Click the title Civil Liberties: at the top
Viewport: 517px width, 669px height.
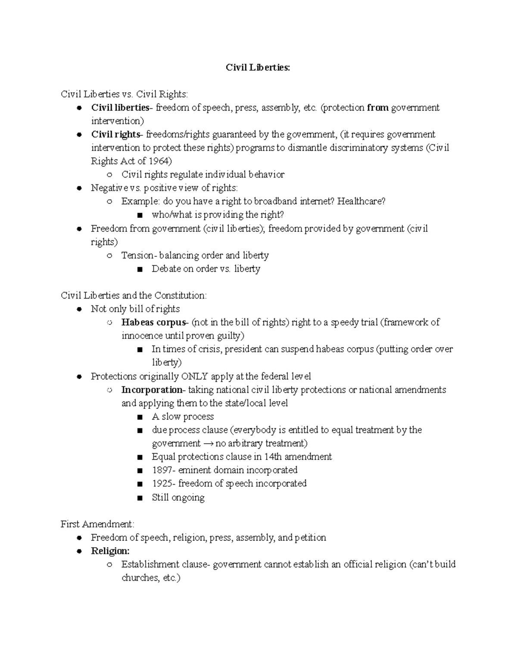coord(258,68)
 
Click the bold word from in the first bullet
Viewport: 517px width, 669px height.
coord(377,108)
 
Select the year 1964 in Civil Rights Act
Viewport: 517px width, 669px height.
coord(158,161)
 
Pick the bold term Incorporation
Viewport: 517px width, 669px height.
coord(152,390)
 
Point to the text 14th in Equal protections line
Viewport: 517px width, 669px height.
coord(269,457)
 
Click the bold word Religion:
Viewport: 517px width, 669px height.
coord(110,551)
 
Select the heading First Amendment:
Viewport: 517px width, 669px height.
coord(97,524)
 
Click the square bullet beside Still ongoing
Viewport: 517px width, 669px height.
coord(139,498)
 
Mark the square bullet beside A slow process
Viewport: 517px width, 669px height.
coord(139,417)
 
